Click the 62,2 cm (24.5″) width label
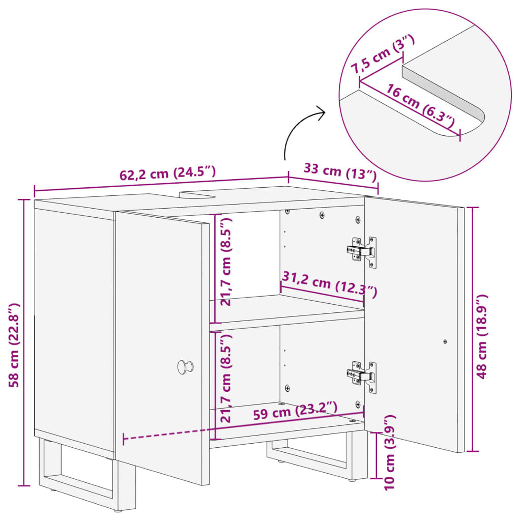pyautogui.click(x=167, y=172)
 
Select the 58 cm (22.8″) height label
pyautogui.click(x=14, y=345)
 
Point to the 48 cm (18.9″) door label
pyautogui.click(x=481, y=336)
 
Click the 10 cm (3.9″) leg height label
pyautogui.click(x=389, y=452)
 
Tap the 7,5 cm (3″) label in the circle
pyautogui.click(x=383, y=54)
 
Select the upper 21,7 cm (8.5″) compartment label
pyautogui.click(x=225, y=262)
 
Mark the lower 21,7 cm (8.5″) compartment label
pyautogui.click(x=225, y=378)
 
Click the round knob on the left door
pyautogui.click(x=185, y=367)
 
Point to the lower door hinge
pyautogui.click(x=362, y=377)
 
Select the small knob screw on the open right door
pyautogui.click(x=445, y=341)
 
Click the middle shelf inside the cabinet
pyautogui.click(x=286, y=308)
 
